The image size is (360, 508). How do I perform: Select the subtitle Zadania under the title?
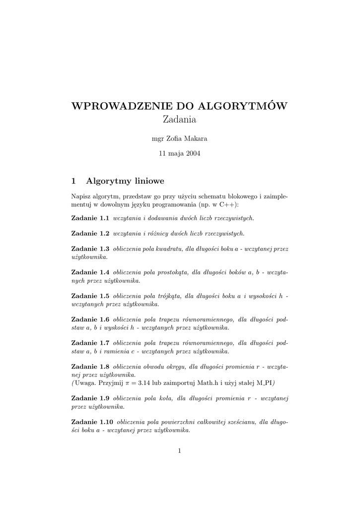180,120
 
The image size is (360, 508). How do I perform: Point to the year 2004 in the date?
193,154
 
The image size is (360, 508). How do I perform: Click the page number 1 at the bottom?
180,450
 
